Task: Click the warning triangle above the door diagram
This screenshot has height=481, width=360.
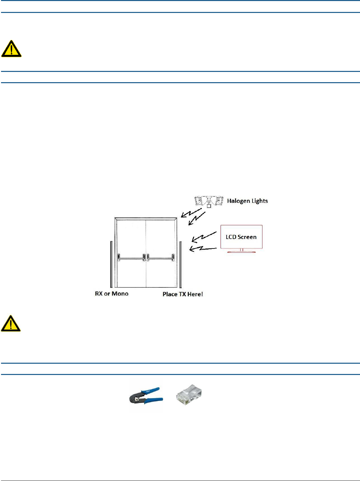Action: pos(11,49)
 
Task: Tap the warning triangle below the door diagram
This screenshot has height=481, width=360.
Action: pos(11,324)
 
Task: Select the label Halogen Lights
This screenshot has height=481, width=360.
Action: pos(247,201)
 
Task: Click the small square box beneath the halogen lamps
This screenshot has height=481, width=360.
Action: pos(209,206)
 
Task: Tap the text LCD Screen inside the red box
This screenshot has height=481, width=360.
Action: pos(241,237)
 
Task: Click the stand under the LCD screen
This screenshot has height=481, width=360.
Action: pos(241,251)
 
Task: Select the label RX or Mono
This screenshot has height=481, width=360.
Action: pos(111,294)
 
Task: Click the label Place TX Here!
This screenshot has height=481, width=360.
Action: pos(182,294)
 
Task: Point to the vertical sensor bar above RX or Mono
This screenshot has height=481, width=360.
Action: pos(111,264)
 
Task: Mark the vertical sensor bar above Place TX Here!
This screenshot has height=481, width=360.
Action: pos(181,265)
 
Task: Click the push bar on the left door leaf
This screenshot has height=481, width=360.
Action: pos(131,258)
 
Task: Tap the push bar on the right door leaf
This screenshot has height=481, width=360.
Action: pos(161,258)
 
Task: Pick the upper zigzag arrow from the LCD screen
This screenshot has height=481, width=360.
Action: pos(204,236)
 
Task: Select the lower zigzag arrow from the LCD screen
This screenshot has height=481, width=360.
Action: pos(202,248)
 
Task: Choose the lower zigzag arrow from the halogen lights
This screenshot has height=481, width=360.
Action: pos(197,219)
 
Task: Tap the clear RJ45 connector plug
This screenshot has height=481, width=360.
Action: pos(189,395)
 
